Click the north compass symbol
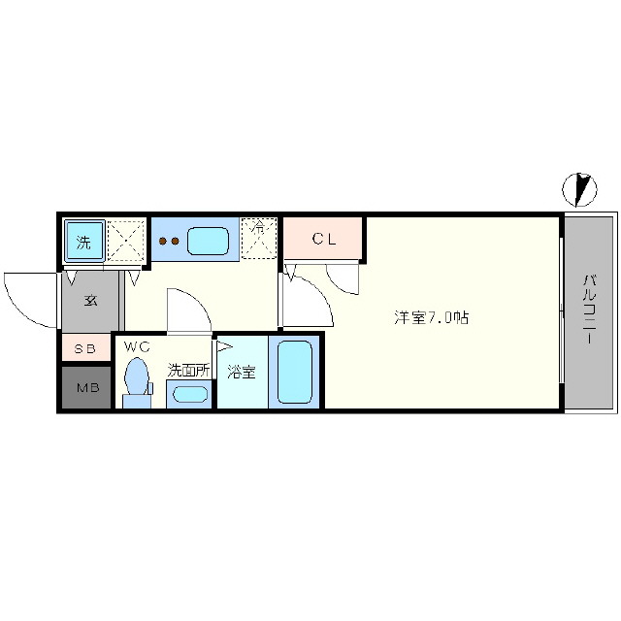coord(580,190)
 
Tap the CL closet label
coord(324,239)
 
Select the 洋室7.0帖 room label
coord(431,317)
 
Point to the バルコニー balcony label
coord(589,309)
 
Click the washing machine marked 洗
coord(84,241)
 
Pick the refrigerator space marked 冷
coord(259,238)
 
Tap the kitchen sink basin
coord(209,241)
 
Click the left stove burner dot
coord(163,241)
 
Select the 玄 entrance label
coord(90,301)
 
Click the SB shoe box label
coord(85,349)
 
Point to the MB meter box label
coord(88,388)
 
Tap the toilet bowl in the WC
coord(137,376)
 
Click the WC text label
coord(137,347)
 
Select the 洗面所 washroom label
coord(188,371)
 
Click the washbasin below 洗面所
coord(190,394)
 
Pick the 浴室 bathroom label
coord(242,372)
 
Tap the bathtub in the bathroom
coord(295,372)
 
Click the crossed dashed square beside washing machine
coord(125,241)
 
